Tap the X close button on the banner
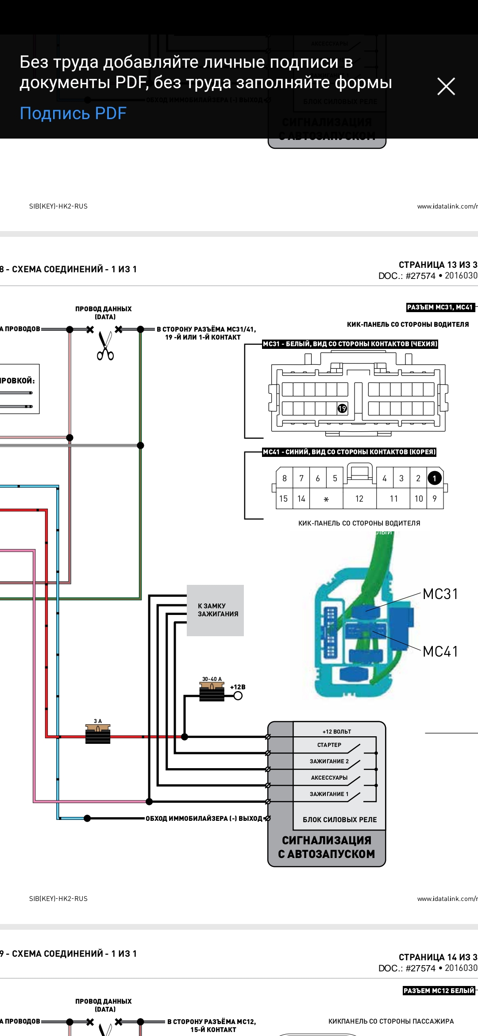pos(446,86)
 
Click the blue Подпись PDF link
pos(73,113)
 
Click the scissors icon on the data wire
pos(105,346)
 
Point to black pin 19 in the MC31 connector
pos(342,408)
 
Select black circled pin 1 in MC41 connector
pos(435,478)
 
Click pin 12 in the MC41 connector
pos(359,499)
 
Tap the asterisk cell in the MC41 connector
pos(326,499)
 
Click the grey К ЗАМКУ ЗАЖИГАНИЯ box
pos(216,610)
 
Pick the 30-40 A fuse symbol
pos(212,692)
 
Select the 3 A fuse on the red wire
pos(98,733)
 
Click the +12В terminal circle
pos(238,696)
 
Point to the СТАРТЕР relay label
pos(329,745)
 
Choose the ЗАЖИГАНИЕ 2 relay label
pos(329,762)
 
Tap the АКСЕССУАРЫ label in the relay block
pos(329,778)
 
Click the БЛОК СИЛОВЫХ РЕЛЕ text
pos(340,820)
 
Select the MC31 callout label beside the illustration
pos(440,594)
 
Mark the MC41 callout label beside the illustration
pos(440,652)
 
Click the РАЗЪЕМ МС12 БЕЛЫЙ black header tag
pos(439,991)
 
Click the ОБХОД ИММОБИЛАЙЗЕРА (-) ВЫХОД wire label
pos(204,819)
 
